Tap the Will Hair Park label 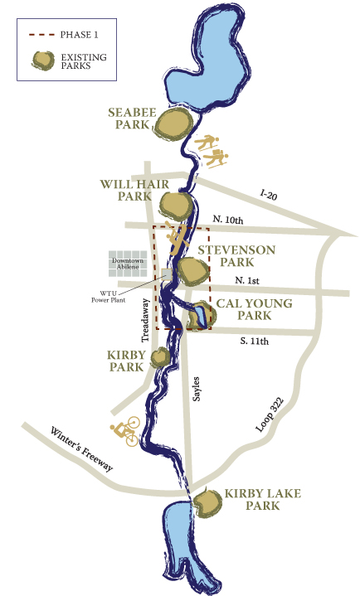128,190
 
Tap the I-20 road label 267,195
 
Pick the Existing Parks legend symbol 40,60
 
